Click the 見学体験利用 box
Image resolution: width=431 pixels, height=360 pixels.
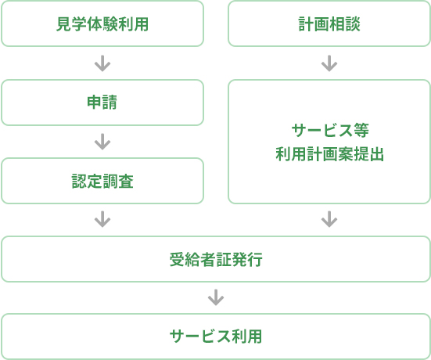(x=102, y=23)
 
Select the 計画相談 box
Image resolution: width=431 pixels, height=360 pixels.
(x=329, y=23)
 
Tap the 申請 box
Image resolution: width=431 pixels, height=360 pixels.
(x=102, y=103)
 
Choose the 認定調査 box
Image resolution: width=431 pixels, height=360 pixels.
(x=102, y=181)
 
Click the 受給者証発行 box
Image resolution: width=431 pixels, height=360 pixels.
(x=216, y=259)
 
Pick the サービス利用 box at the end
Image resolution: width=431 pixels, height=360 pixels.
(x=216, y=337)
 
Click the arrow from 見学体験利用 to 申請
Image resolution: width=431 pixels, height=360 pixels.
(x=102, y=63)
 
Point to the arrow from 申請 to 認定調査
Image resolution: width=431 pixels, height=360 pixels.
(x=102, y=142)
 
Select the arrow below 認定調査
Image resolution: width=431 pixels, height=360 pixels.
(x=102, y=219)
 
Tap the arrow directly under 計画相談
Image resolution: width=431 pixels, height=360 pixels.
(x=329, y=63)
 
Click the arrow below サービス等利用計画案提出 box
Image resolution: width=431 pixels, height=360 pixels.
(x=329, y=219)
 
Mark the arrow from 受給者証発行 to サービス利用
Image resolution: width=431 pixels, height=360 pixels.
(x=216, y=297)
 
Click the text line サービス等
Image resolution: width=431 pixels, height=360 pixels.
(x=330, y=130)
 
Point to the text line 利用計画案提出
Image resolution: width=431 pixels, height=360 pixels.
(x=329, y=154)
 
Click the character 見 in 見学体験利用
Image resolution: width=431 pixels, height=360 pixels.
(x=64, y=24)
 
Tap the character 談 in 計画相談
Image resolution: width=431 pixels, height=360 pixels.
(x=352, y=24)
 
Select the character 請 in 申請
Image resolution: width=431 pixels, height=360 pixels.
(x=110, y=103)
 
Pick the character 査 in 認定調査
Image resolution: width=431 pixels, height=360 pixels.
(x=126, y=182)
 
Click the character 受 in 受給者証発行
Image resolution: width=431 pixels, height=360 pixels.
(x=177, y=259)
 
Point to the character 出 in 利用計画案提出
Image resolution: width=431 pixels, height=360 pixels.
(x=376, y=154)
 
